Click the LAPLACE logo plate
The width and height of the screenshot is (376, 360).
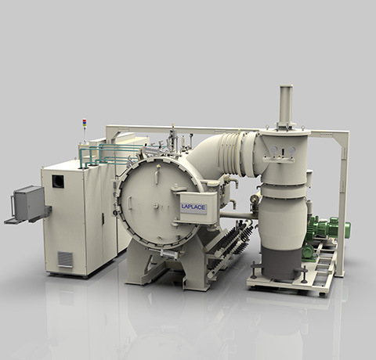[x=193, y=208]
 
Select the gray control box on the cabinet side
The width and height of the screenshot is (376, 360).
[x=29, y=203]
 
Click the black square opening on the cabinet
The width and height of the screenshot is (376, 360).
[x=58, y=181]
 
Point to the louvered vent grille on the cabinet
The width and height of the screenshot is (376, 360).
[x=65, y=259]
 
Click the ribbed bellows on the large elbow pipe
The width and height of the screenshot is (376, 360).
[x=230, y=154]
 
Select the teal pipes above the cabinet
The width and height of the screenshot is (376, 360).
[x=110, y=154]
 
